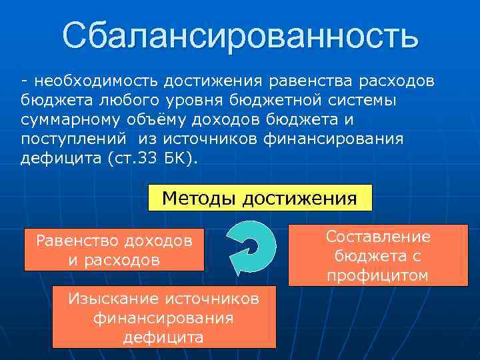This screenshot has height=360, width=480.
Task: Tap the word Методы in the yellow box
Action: point(199,198)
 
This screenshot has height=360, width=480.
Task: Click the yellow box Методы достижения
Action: point(259,198)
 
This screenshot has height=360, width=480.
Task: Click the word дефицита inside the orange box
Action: point(163,337)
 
